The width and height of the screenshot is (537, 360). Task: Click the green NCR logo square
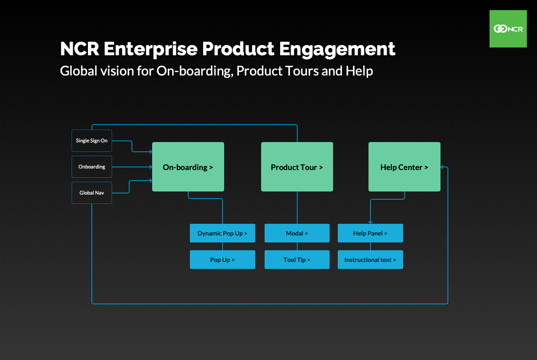coord(508,29)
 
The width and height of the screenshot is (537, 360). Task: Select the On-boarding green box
coord(188,167)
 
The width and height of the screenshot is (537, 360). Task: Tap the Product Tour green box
coord(297,167)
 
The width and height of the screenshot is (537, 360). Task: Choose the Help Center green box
coord(404,167)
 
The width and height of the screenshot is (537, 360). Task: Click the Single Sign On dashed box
coord(92,140)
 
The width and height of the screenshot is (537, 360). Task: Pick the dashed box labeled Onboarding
coord(92,167)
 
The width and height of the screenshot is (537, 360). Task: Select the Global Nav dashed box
coord(92,193)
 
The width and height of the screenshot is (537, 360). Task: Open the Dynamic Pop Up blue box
coord(223,233)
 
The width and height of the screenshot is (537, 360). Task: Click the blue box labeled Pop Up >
coord(223,260)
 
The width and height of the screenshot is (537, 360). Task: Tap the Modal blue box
coord(297,233)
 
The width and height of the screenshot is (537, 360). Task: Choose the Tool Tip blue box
coord(297,260)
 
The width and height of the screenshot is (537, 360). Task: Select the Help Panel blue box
coord(370,233)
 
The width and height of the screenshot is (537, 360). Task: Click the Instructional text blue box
coord(370,260)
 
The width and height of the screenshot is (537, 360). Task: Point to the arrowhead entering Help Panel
coord(370,222)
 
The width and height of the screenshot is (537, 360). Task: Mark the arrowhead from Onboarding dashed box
coord(151,167)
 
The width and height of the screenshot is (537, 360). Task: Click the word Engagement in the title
coord(337,49)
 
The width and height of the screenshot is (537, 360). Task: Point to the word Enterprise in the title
coord(151,49)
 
